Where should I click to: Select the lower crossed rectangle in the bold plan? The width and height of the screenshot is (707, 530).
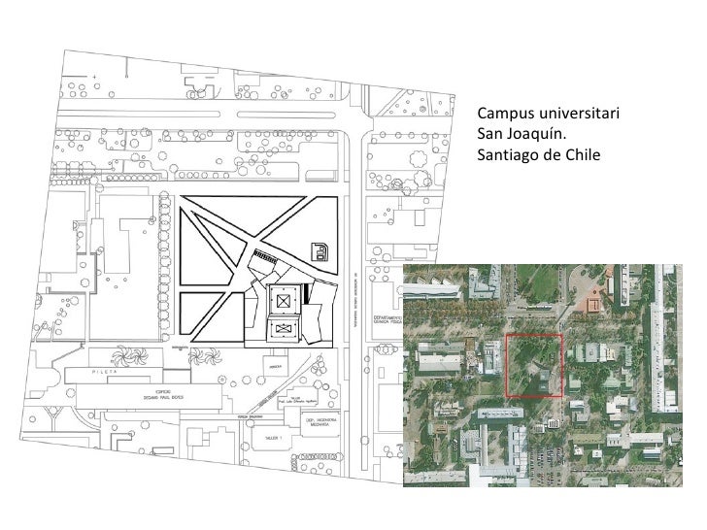tap(283, 331)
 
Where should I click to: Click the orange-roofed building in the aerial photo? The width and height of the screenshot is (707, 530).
tap(594, 304)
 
